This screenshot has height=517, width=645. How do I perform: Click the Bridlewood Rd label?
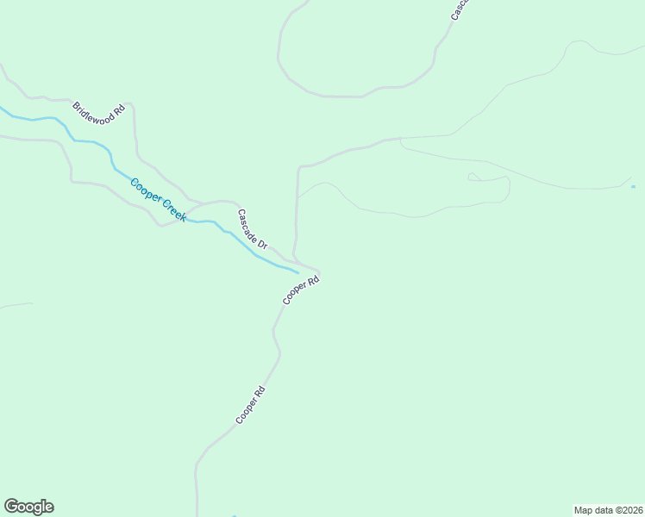click(99, 113)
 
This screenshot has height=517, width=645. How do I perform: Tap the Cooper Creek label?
click(158, 199)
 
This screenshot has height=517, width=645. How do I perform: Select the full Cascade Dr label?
click(253, 229)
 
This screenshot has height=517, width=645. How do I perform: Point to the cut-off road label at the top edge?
click(458, 9)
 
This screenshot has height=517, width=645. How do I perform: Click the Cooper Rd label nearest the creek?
click(301, 290)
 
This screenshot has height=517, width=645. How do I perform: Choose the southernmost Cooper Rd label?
click(250, 404)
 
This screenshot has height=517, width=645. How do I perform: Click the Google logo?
click(28, 507)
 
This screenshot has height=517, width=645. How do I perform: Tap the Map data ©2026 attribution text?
click(608, 510)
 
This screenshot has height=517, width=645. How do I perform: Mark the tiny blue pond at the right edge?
click(633, 186)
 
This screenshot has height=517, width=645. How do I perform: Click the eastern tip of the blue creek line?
click(297, 272)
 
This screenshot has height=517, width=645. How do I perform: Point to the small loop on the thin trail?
click(473, 177)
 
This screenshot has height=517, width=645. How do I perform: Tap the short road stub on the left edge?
click(16, 305)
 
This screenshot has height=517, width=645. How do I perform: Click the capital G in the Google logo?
click(12, 507)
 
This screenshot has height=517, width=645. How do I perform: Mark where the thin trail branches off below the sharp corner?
click(298, 196)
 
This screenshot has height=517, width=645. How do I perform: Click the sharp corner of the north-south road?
click(299, 166)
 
